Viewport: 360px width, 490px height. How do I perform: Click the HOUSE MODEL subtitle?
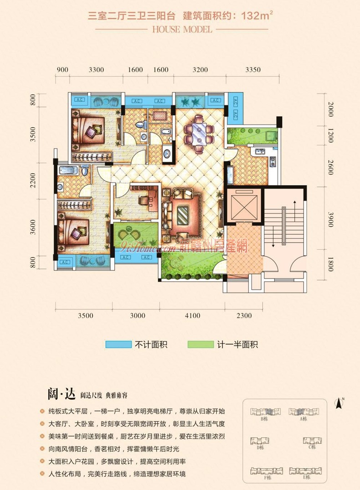pyautogui.click(x=180, y=29)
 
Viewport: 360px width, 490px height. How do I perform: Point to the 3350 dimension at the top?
pyautogui.click(x=252, y=70)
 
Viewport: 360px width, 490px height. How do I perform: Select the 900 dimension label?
pyautogui.click(x=62, y=70)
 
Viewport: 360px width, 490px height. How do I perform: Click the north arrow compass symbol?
pyautogui.click(x=338, y=403)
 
